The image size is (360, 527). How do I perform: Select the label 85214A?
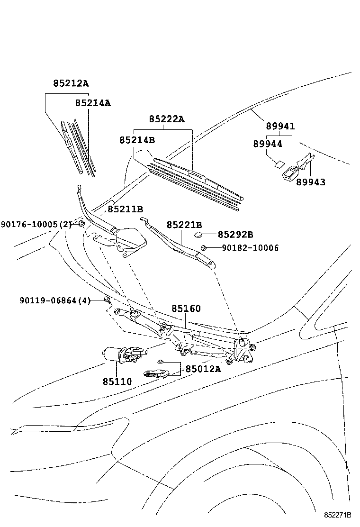click(x=93, y=102)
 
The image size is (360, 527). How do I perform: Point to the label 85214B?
click(x=137, y=140)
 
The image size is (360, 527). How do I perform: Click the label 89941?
click(x=280, y=127)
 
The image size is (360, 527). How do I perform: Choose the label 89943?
click(x=311, y=182)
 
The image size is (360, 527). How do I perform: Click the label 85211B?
click(x=125, y=209)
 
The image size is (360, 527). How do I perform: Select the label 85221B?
click(x=184, y=225)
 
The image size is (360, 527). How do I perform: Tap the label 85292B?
click(x=235, y=235)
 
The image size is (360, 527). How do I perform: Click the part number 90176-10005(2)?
click(x=36, y=224)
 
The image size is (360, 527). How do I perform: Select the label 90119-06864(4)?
click(x=55, y=300)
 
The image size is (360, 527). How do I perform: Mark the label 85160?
click(x=186, y=309)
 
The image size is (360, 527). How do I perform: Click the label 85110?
click(x=118, y=381)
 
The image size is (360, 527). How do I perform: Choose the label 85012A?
click(x=203, y=369)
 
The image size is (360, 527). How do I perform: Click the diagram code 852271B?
click(x=338, y=515)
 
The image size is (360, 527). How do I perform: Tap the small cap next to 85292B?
click(x=198, y=234)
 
